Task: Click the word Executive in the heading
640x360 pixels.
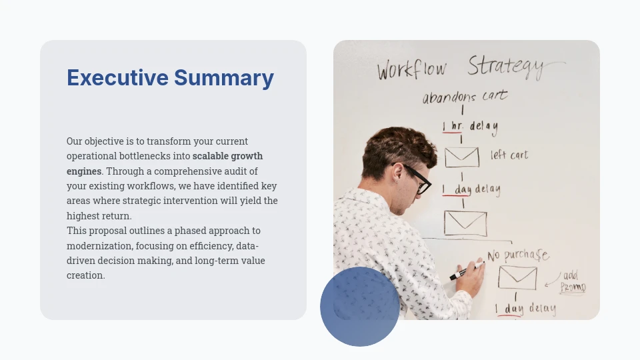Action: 117,78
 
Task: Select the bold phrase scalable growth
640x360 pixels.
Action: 227,156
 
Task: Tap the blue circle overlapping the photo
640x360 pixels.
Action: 360,307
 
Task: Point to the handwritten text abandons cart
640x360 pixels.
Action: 465,97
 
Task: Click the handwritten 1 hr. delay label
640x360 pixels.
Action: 470,126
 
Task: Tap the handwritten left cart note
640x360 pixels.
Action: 509,155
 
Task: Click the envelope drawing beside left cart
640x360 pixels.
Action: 462,157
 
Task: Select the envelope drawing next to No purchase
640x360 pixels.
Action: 517,277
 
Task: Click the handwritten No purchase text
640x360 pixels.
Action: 517,255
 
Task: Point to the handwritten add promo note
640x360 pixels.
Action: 572,281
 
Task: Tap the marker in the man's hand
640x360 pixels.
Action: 466,271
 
